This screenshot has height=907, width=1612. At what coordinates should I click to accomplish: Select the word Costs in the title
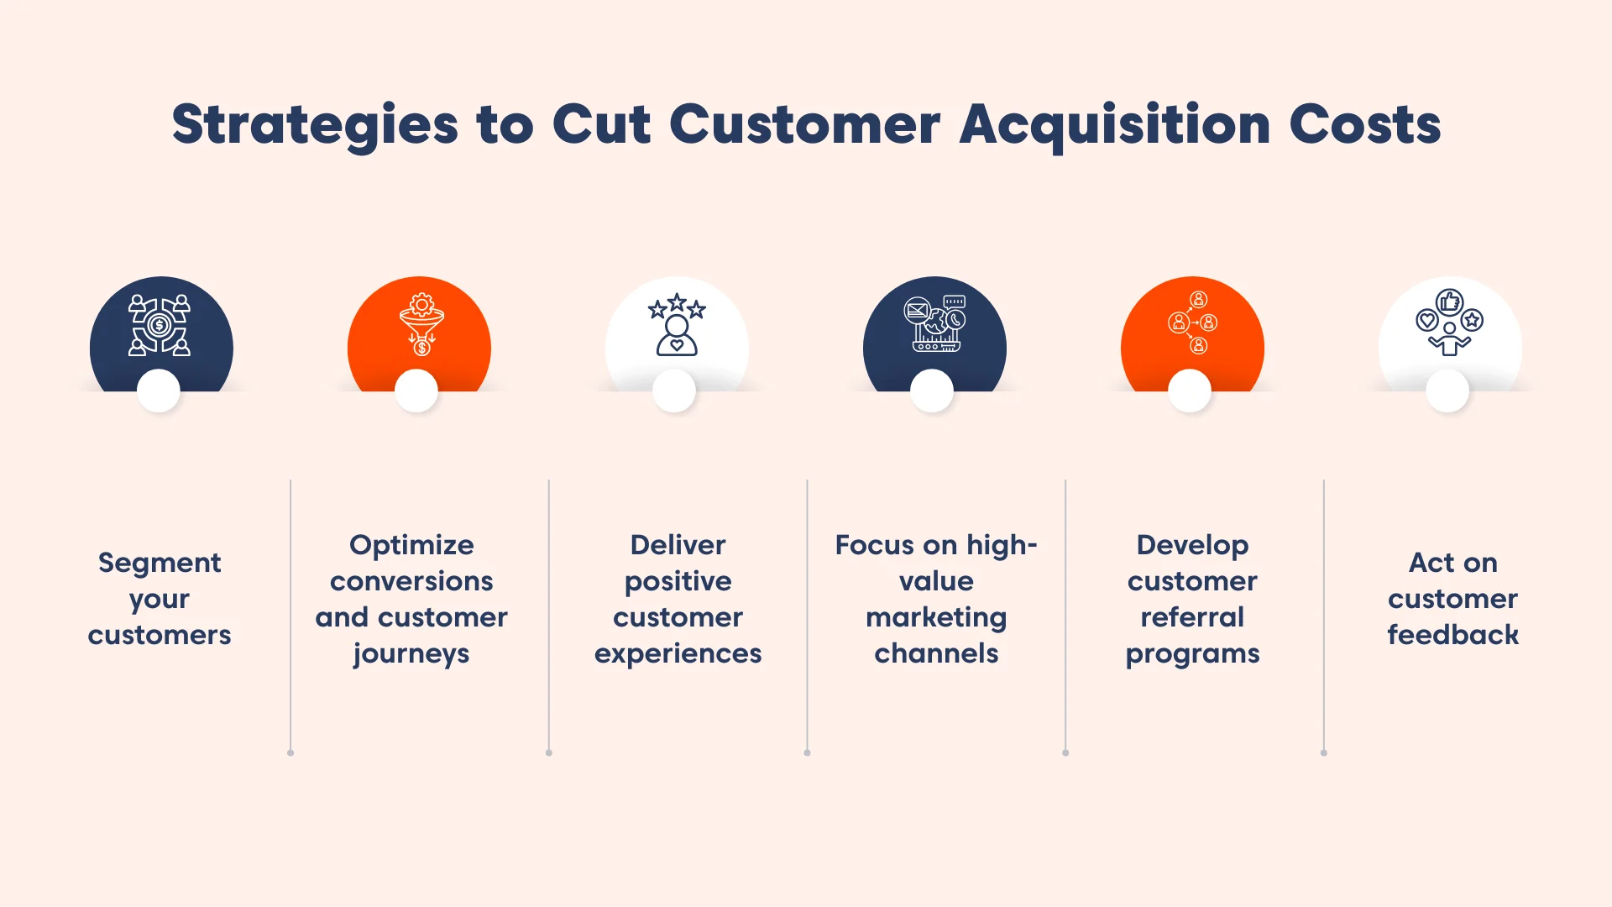[x=1364, y=124]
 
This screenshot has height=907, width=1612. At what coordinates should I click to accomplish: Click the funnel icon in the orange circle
[x=421, y=324]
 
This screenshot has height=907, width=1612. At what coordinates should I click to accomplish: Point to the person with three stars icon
[x=677, y=326]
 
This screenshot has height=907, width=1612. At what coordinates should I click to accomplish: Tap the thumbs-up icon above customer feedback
[x=1450, y=301]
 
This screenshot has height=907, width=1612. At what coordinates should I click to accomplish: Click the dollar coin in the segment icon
[x=160, y=325]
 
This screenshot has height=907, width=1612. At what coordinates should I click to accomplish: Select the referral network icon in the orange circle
[x=1193, y=322]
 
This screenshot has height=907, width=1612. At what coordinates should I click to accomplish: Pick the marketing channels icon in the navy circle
[x=934, y=323]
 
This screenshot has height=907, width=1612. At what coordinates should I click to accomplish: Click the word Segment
[x=160, y=563]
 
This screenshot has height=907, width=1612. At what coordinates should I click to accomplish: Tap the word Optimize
[x=411, y=545]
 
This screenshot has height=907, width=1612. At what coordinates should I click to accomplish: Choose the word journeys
[x=411, y=654]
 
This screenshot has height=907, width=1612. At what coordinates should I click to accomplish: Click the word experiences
[x=678, y=654]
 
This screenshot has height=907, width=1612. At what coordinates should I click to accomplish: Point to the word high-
[x=1002, y=545]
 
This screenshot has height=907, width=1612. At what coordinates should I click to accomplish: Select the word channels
[x=936, y=653]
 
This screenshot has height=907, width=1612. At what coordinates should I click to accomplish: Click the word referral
[x=1192, y=617]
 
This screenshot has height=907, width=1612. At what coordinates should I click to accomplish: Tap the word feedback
[x=1452, y=635]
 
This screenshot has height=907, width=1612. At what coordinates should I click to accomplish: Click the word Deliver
[x=678, y=545]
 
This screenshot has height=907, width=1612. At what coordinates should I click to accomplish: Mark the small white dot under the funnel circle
[x=416, y=391]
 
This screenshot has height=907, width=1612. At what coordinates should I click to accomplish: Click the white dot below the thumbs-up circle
[x=1447, y=391]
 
